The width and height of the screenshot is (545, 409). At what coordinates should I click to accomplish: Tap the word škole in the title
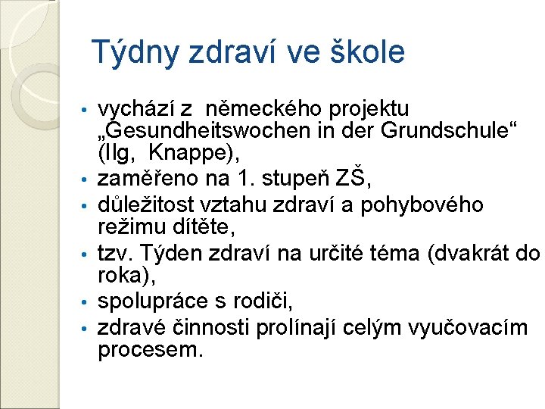pyautogui.click(x=368, y=52)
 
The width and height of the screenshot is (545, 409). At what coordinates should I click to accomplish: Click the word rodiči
pyautogui.click(x=265, y=301)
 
